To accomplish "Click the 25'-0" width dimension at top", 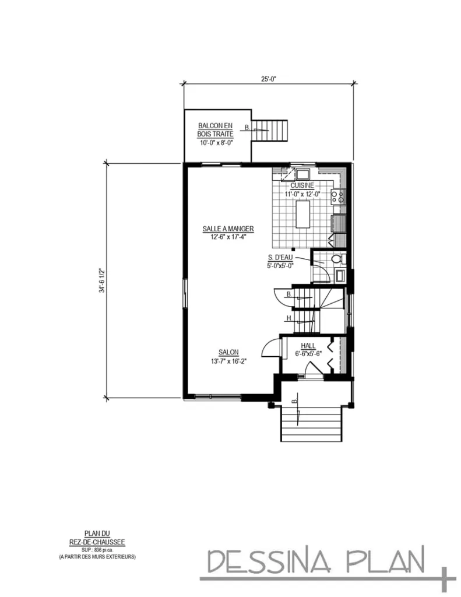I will click(x=269, y=78).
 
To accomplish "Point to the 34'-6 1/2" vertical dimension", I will click(x=101, y=281).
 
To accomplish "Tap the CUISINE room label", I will click(x=302, y=185).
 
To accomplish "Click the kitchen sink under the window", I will click(x=303, y=173).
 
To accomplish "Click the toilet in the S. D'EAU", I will click(x=336, y=259).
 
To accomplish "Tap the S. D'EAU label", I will click(x=280, y=258).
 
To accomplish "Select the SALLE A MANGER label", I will click(x=228, y=229).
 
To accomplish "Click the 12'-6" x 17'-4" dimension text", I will click(x=228, y=237).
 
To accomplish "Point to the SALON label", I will click(x=228, y=352).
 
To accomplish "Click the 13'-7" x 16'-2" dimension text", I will click(x=228, y=361).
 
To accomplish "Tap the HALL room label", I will click(x=308, y=346).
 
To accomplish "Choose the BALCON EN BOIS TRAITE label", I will click(x=215, y=129).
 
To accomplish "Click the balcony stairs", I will click(x=272, y=129).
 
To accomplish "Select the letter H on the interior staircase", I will click(x=288, y=318).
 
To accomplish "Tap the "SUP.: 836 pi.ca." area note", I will click(x=97, y=550).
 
